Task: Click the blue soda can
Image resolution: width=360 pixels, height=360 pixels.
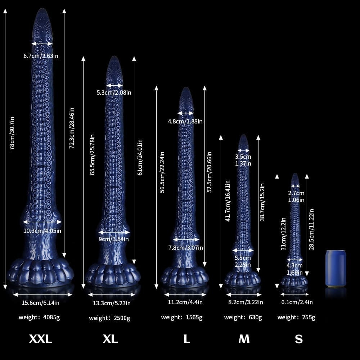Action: [x=336, y=269]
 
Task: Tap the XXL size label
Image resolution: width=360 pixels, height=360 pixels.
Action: [x=40, y=339]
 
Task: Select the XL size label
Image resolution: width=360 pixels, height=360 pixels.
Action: [x=110, y=339]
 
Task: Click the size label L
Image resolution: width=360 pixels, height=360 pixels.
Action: [x=187, y=339]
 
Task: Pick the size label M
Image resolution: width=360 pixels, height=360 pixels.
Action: [x=244, y=339]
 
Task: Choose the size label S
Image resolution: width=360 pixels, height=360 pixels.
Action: [x=299, y=339]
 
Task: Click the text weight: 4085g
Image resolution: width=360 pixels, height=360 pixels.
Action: [x=39, y=318]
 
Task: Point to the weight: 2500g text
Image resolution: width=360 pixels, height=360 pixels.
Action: [x=109, y=318]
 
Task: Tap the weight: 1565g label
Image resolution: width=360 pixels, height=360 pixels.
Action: [x=181, y=318]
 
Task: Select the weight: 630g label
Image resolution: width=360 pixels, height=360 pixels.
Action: [x=243, y=318]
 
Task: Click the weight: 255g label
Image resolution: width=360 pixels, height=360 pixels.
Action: [x=296, y=318]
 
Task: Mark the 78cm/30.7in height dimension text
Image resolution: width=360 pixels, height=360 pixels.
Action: [x=12, y=133]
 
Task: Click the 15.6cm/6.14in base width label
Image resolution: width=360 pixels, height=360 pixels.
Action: [x=40, y=303]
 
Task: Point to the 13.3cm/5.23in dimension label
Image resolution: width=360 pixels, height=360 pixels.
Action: [x=112, y=303]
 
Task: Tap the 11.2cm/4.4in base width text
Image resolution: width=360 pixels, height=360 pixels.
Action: [x=185, y=302]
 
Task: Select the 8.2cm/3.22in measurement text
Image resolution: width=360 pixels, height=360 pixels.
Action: [x=246, y=302]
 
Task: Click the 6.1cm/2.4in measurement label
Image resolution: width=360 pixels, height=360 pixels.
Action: [x=297, y=302]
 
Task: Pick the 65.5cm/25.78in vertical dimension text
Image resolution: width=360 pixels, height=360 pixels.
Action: [x=92, y=155]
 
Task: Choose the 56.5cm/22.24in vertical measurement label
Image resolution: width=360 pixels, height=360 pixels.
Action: [x=162, y=172]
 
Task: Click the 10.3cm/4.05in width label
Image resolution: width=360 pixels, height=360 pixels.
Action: [x=42, y=231]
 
